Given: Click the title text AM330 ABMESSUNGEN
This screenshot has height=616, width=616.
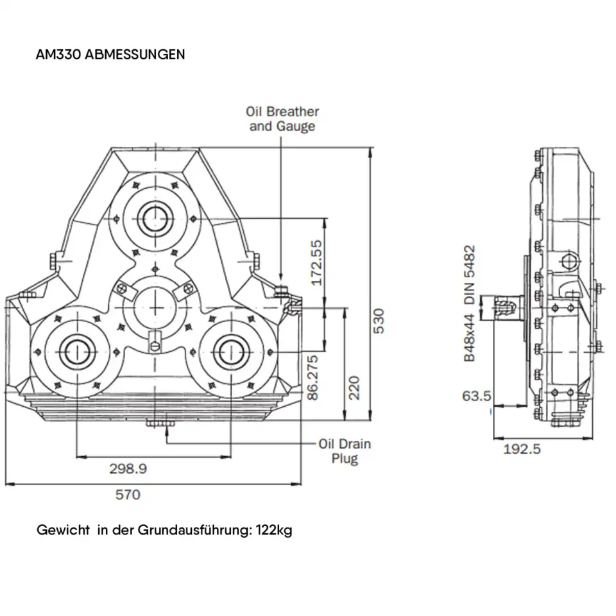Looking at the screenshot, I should click(110, 54).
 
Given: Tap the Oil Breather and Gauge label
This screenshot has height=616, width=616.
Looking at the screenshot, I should click(282, 119).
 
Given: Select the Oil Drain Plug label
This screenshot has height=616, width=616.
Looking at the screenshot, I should click(345, 450).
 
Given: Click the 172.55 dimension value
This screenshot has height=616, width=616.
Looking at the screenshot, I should click(316, 263).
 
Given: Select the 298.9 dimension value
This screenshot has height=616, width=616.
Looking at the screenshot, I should click(128, 468).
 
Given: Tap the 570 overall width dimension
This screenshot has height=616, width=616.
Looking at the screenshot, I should click(127, 494).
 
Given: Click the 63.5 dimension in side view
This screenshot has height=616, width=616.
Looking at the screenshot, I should click(477, 395).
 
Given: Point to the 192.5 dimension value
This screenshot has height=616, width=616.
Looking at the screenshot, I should click(522, 449).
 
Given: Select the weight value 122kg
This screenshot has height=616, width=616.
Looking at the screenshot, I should click(274, 531).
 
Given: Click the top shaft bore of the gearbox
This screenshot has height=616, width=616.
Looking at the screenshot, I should click(154, 218).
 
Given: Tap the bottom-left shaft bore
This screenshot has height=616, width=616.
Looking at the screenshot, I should click(77, 350).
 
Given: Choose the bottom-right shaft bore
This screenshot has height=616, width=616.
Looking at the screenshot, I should click(230, 350).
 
